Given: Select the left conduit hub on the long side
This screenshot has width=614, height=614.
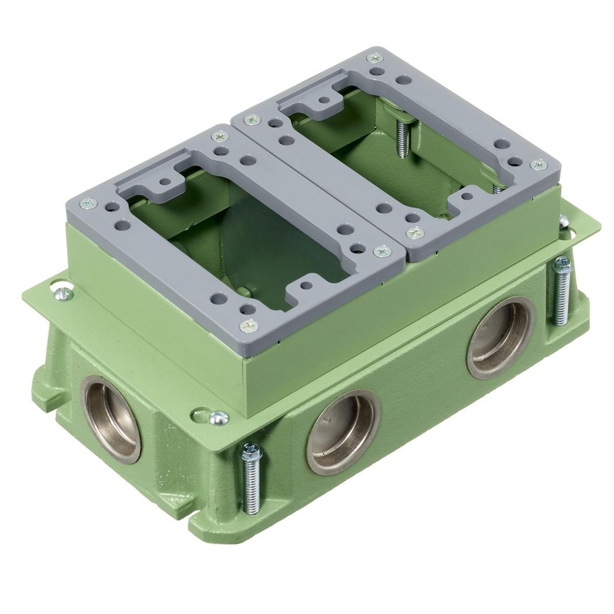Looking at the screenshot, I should click(x=343, y=432).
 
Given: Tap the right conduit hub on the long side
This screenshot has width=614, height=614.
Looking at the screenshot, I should click(x=500, y=337).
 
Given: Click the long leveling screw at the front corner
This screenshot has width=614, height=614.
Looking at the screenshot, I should click(x=252, y=478).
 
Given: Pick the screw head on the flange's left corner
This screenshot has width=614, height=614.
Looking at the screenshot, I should click(x=62, y=293).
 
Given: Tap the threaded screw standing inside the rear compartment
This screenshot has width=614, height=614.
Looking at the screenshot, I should click(x=403, y=139).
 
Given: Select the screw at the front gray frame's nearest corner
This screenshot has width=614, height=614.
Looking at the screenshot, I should click(x=248, y=325).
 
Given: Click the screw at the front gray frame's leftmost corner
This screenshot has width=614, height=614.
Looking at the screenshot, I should click(x=88, y=203).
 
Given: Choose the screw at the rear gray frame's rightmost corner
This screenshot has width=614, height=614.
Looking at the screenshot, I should click(x=538, y=165).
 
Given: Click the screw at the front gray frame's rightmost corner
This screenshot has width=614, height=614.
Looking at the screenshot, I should click(x=383, y=251).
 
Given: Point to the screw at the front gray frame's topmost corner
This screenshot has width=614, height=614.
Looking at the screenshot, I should click(x=219, y=136).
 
